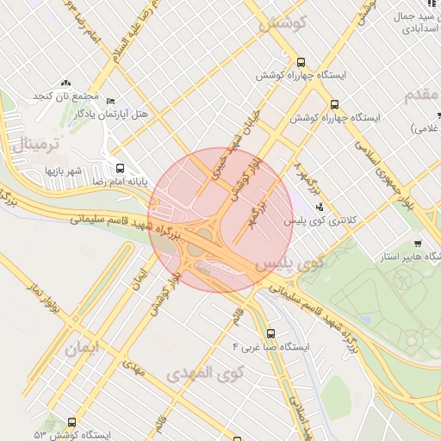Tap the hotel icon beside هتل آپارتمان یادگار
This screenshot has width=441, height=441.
109,101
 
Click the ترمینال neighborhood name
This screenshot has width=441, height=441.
37,141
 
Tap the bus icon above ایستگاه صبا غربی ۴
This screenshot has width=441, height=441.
270,332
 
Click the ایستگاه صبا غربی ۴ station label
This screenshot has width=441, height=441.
270,346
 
